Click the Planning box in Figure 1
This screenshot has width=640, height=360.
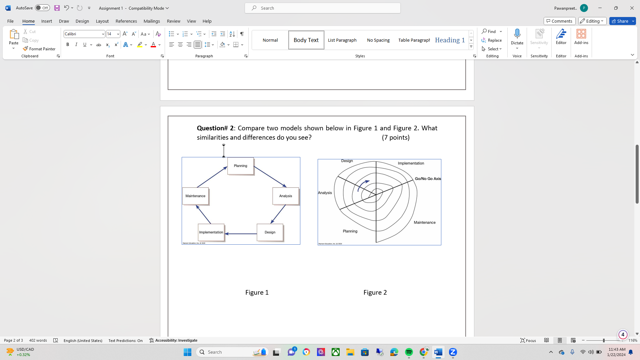(240, 166)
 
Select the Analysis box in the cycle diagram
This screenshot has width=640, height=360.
(285, 196)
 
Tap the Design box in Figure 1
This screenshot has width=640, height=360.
(270, 232)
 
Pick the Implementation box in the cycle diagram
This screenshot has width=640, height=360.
(211, 232)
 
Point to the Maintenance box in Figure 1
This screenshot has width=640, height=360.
(195, 196)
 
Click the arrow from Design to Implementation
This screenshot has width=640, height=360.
(241, 234)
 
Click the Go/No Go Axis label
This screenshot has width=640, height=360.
(428, 179)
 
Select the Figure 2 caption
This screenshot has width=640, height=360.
(375, 292)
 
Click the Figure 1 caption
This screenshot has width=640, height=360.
(257, 292)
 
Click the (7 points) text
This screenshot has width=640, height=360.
(396, 137)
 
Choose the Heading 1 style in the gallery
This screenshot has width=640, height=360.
(450, 40)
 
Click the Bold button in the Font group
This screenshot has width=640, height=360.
(68, 45)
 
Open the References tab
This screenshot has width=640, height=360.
(126, 21)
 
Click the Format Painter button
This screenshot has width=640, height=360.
(39, 49)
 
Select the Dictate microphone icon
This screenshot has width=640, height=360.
(517, 34)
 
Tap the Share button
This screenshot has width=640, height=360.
(622, 21)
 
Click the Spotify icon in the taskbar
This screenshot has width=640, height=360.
(409, 352)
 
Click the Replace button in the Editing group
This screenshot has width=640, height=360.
(492, 40)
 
